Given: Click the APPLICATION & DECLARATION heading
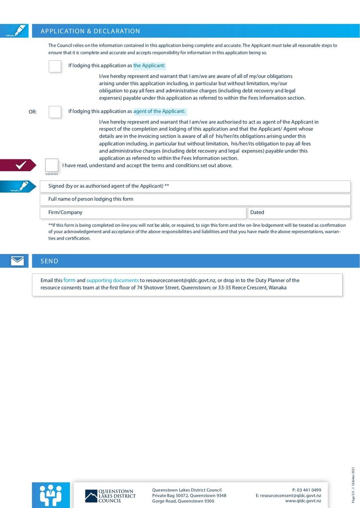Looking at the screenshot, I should (90, 31).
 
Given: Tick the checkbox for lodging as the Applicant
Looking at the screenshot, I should (55, 66).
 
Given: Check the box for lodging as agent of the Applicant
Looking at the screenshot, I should (55, 111).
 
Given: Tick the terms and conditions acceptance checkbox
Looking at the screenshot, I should (52, 165).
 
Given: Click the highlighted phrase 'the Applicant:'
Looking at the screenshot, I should (149, 66).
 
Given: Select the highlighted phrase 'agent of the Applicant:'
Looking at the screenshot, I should (159, 111).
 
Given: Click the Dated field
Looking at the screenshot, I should (299, 213).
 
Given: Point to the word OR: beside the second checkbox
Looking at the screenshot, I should (33, 112).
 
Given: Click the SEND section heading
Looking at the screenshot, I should (49, 261).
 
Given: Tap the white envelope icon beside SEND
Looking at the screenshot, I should (17, 261).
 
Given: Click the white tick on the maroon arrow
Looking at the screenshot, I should (21, 165).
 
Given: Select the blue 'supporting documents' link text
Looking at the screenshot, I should (112, 280).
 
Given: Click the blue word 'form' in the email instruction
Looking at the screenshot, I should (69, 280).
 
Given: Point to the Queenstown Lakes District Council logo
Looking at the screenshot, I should (110, 496).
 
